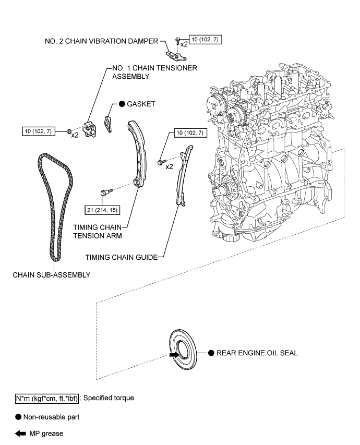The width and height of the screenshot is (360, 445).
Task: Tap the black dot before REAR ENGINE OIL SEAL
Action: [x=211, y=353]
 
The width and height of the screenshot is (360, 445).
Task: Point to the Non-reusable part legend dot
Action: [x=18, y=417]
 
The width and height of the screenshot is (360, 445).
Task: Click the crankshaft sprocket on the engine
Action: [x=228, y=188]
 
